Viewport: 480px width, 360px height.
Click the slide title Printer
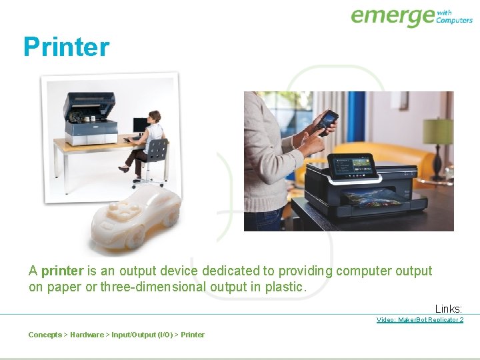66,47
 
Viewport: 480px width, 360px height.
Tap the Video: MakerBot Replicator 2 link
419,320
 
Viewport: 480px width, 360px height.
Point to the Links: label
449,309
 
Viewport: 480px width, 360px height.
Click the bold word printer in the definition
62,271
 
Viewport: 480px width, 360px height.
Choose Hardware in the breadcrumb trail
87,335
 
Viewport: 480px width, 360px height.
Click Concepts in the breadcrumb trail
45,335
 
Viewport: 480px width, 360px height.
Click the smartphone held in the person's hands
327,123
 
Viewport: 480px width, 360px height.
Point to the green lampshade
438,131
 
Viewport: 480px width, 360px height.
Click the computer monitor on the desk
140,125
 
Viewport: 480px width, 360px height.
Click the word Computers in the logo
454,20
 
